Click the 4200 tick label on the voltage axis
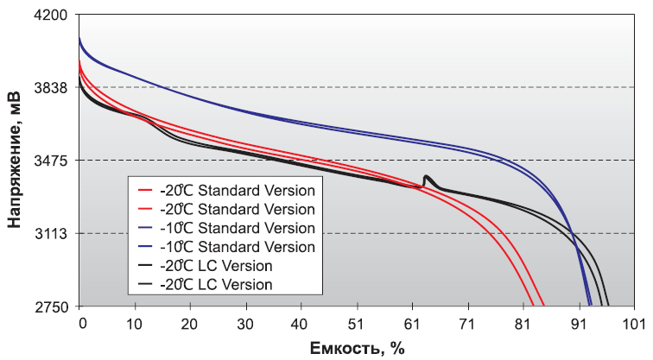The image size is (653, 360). coord(53,15)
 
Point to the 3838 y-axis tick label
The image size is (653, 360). coord(53,88)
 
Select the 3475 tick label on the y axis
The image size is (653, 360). coord(53,161)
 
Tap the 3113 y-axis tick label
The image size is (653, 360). coord(53,234)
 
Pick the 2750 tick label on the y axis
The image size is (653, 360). coord(53,306)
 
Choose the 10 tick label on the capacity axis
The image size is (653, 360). coord(135,323)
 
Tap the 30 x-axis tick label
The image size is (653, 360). coord(246,323)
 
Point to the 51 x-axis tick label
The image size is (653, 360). coord(358,323)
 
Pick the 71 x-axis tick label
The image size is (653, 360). coord(468,323)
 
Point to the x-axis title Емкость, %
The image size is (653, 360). coord(358,347)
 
